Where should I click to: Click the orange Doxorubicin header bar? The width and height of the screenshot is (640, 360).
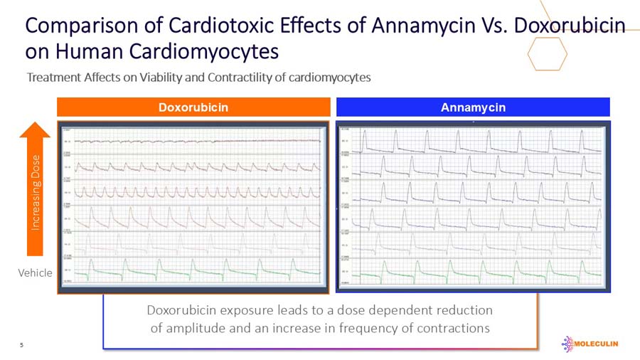[x=193, y=107]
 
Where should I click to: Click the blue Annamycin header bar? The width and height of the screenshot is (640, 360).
[x=473, y=107]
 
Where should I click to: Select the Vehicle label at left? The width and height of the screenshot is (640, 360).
[x=35, y=272]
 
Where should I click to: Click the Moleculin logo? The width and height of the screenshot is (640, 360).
[x=590, y=344]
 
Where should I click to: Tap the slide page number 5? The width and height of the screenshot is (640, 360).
[x=21, y=345]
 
